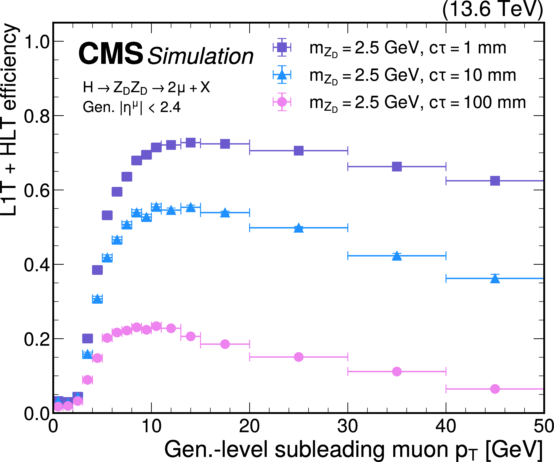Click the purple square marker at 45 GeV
coord(495,181)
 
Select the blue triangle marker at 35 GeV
coord(397,256)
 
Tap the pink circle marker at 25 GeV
coord(298,357)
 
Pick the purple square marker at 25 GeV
coord(298,151)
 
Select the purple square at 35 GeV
coord(397,167)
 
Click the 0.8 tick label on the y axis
coord(37,116)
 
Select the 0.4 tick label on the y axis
coord(37,265)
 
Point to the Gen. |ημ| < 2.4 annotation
coord(131,107)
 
